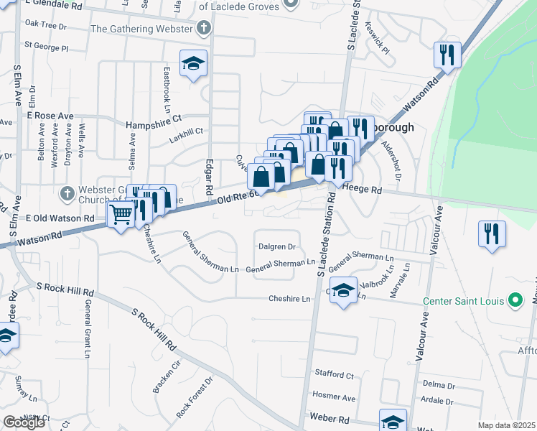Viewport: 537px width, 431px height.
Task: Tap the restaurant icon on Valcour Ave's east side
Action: pos(492,234)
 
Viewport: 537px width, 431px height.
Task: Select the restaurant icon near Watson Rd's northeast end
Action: pos(447,55)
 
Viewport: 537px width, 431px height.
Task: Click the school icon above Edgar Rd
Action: pos(193,63)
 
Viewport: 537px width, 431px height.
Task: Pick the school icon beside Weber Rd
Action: pos(393,421)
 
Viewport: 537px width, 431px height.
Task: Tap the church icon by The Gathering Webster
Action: pos(205,29)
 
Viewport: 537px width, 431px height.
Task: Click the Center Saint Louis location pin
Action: pos(515,300)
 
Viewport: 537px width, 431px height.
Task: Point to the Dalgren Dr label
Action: pos(277,246)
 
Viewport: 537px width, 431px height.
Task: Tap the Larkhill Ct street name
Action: pos(186,131)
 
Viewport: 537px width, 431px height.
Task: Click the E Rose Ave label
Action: pos(50,116)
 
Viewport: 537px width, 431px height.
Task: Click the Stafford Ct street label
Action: pos(335,375)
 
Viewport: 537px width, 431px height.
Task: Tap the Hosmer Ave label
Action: pos(335,397)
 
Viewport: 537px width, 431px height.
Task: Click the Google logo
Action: pos(24,422)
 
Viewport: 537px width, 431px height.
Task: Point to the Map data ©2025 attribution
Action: pos(506,425)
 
